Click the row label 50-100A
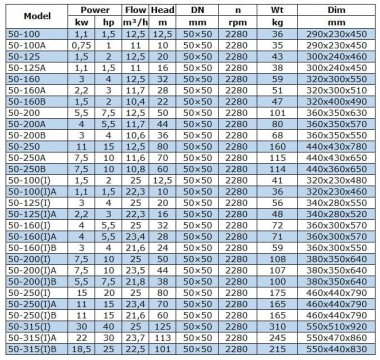(x=24, y=45)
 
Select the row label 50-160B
(x=24, y=102)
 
